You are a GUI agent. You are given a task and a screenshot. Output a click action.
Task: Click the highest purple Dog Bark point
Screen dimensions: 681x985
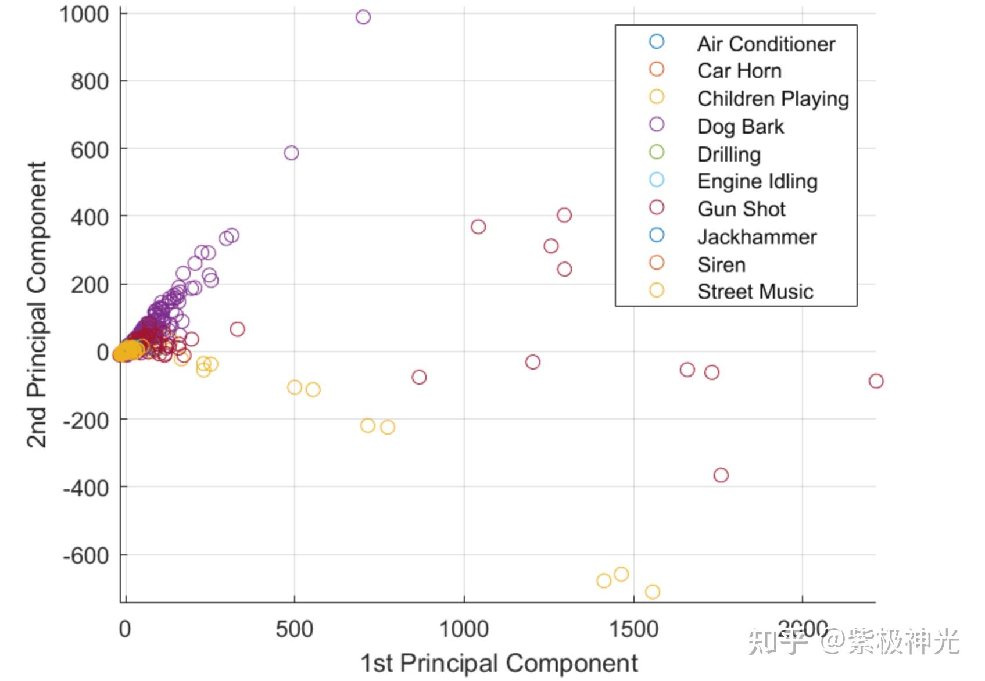point(363,17)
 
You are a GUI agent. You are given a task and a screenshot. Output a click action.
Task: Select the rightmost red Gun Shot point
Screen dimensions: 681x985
point(876,381)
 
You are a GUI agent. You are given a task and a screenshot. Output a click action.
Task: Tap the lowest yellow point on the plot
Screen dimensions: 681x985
point(653,592)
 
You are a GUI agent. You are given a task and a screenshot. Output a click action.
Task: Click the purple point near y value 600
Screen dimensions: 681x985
point(291,153)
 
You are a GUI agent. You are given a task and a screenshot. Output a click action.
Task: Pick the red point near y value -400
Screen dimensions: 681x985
point(721,475)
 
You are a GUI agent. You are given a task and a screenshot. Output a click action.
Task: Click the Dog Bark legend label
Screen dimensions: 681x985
point(740,127)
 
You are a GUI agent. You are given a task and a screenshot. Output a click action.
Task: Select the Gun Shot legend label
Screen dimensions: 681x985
point(741,209)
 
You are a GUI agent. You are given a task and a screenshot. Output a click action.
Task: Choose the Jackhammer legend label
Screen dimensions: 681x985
point(757,237)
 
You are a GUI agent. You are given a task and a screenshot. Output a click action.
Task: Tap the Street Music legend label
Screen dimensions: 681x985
point(755,292)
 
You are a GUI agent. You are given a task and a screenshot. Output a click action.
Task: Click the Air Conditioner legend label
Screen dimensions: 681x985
point(766,44)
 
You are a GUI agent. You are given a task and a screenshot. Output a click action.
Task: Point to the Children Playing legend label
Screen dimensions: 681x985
point(773,99)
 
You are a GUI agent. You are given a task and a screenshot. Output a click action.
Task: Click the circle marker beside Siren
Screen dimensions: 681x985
point(657,263)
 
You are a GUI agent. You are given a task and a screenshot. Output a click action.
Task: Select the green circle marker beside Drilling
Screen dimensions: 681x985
point(657,152)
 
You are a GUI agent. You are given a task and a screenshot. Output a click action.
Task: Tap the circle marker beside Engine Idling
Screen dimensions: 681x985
point(657,180)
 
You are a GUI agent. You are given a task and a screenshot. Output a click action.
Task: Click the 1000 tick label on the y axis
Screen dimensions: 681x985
point(84,15)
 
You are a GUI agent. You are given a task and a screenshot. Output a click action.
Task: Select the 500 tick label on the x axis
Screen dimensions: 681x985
point(294,629)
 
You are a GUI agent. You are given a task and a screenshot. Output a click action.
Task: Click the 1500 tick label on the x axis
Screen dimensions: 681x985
point(633,629)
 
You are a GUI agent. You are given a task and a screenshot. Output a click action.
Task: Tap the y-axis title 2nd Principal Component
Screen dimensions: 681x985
point(36,304)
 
